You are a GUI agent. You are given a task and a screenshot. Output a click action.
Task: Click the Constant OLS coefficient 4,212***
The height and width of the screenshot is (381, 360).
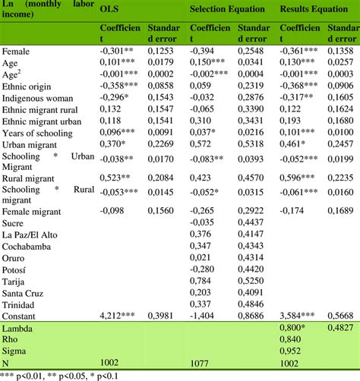[116, 316]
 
